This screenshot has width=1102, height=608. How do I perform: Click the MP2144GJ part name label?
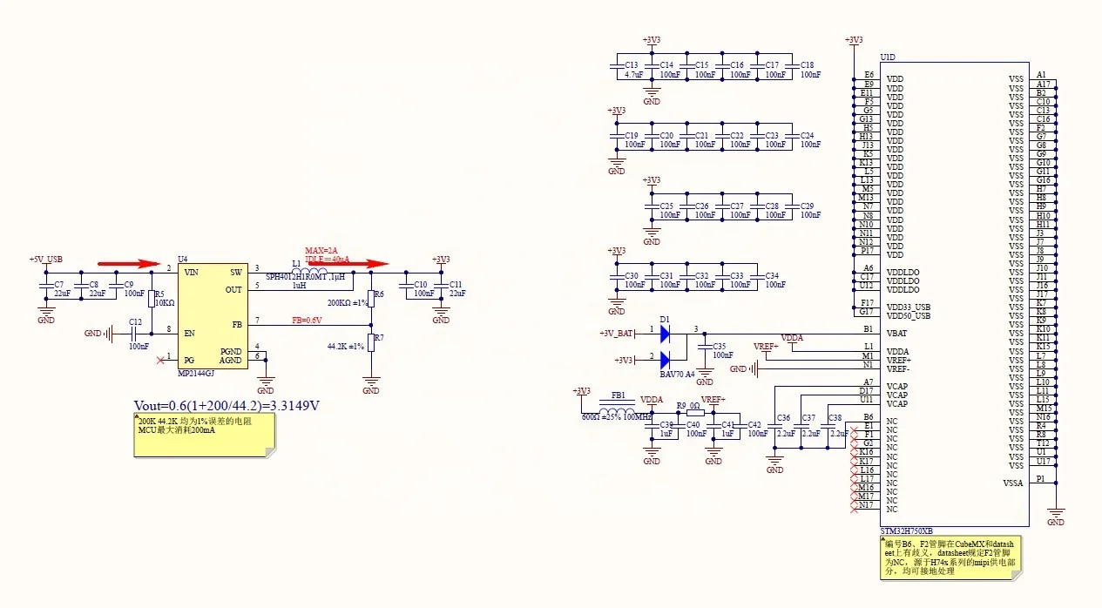(196, 373)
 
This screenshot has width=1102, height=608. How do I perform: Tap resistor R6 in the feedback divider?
(371, 296)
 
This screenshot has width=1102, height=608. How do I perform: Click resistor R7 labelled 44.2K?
(371, 341)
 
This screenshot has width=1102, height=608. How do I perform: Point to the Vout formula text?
(226, 405)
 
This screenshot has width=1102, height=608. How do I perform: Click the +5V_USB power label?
(45, 260)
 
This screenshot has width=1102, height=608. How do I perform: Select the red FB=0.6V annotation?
(307, 320)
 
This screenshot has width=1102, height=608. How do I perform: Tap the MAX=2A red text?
(321, 251)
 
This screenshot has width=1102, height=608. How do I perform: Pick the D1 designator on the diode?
(665, 319)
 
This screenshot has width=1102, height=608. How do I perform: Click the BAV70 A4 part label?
(677, 373)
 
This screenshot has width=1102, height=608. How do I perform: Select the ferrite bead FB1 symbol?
(618, 411)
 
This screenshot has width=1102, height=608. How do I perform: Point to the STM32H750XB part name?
(907, 530)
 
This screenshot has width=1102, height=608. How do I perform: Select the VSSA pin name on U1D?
(1013, 483)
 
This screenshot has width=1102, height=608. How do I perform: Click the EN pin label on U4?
(189, 333)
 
